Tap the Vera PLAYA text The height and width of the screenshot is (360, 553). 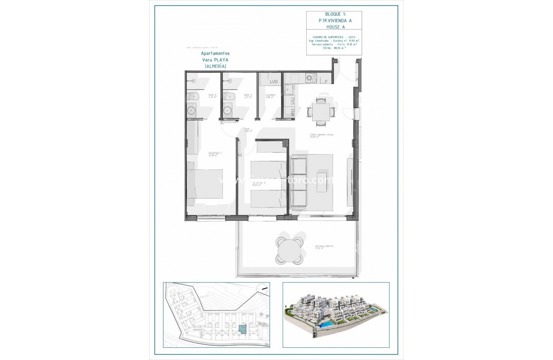[215, 60]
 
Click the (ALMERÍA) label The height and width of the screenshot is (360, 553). [215, 66]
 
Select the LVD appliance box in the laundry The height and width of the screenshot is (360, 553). [274, 82]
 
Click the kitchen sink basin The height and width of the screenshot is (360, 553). [289, 89]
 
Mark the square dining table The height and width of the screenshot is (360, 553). [321, 112]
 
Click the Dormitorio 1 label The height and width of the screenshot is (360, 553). [215, 154]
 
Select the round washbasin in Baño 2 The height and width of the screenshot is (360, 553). [191, 111]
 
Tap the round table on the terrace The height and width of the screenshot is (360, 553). [289, 251]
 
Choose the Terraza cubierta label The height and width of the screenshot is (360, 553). [324, 247]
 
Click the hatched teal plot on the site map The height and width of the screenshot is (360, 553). [242, 329]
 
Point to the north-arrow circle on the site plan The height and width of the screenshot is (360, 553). [263, 287]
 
